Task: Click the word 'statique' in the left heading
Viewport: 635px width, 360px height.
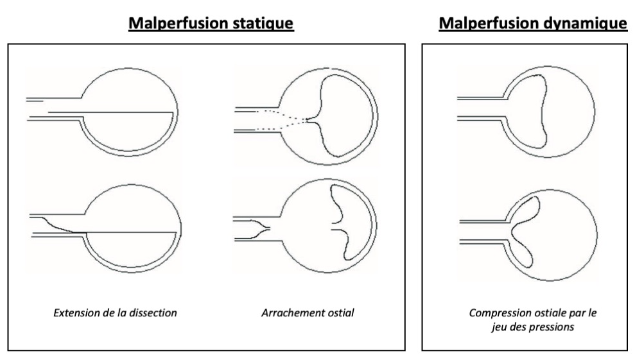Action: coord(265,24)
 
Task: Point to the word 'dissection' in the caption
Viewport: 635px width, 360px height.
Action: coord(154,313)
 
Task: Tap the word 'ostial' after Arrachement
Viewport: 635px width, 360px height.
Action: coord(340,313)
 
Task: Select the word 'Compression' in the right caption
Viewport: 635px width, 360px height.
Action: coord(498,313)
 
